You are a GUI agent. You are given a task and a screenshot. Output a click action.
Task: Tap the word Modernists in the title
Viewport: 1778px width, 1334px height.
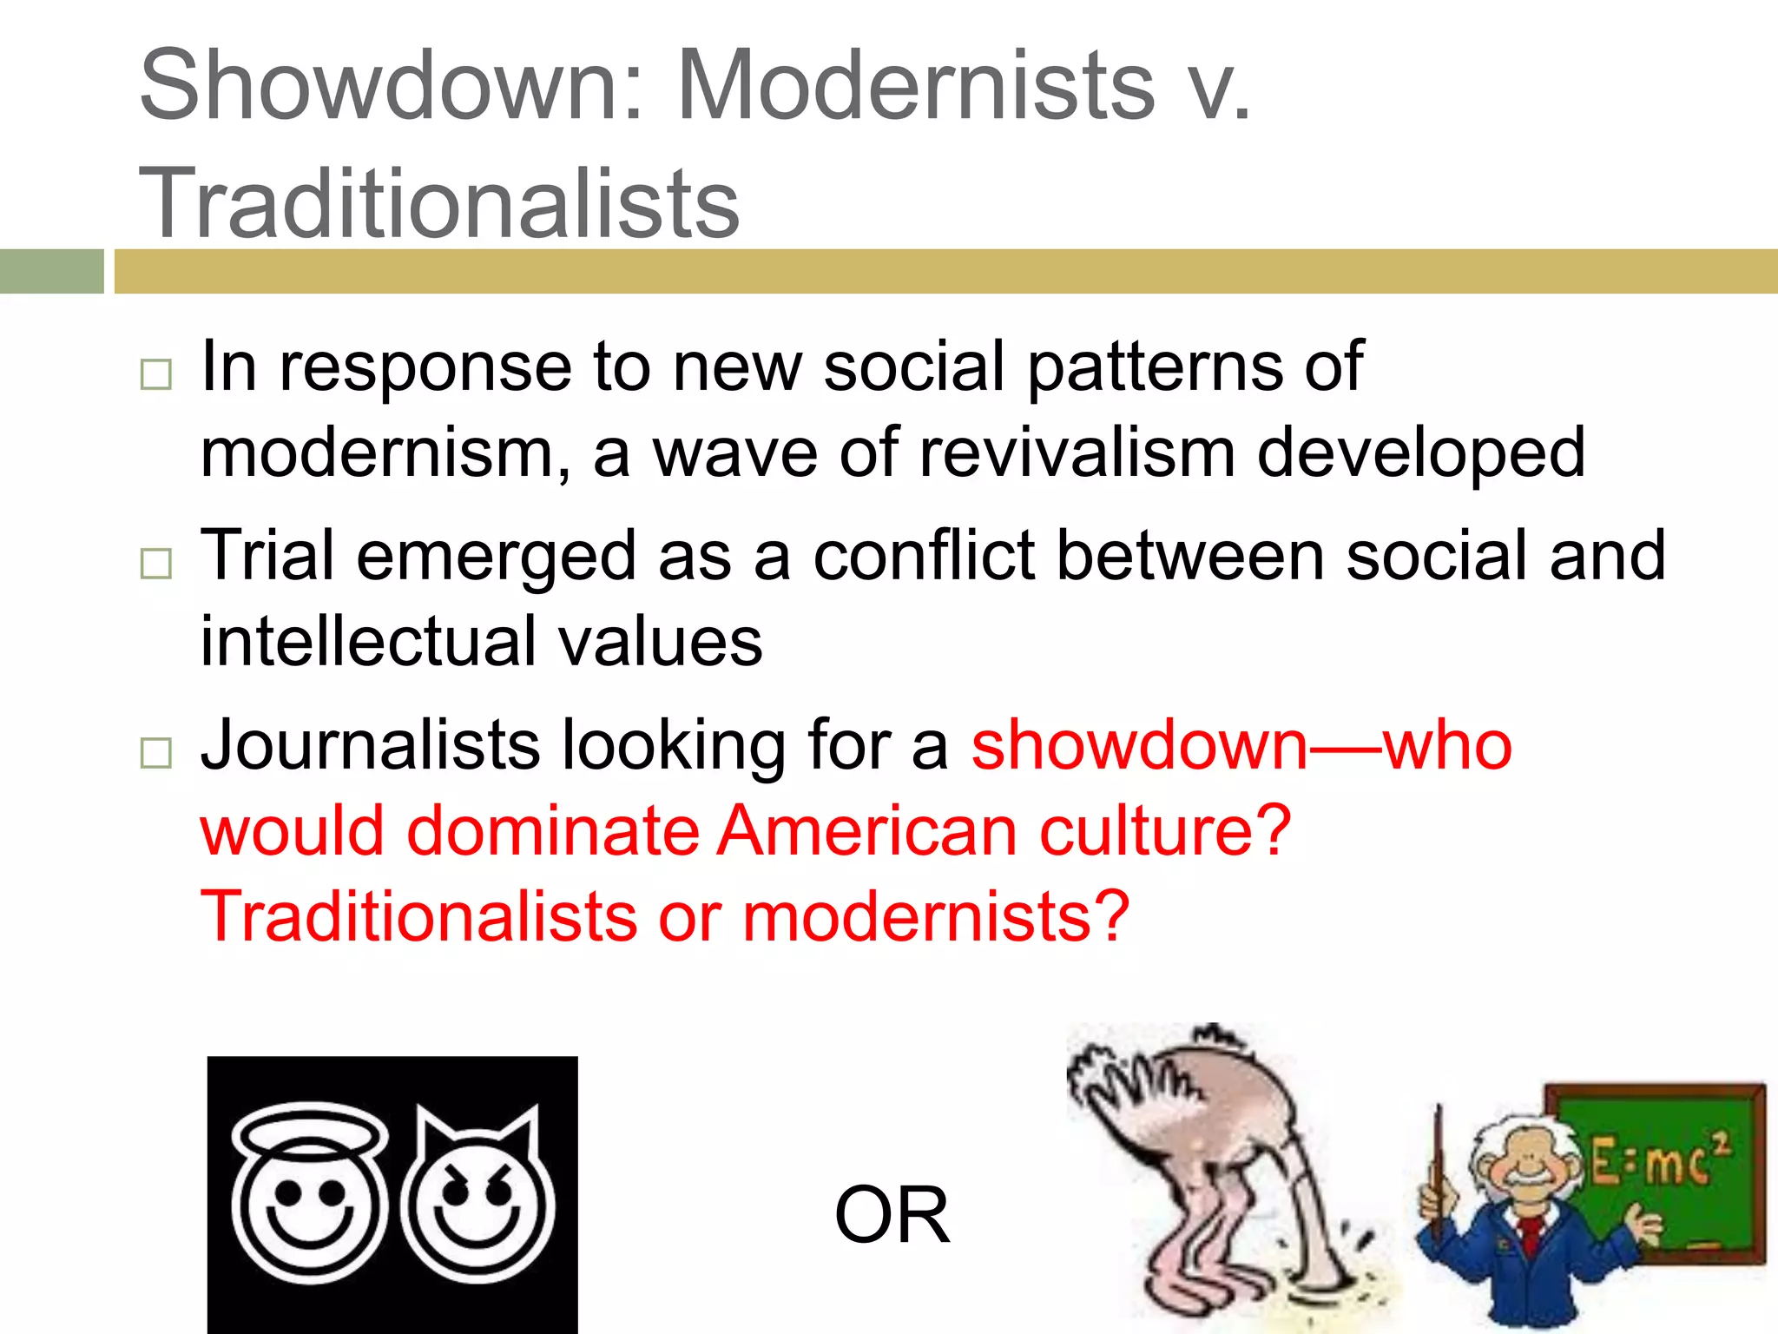point(916,85)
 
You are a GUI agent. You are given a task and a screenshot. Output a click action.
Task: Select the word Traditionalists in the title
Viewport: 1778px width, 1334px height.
point(438,203)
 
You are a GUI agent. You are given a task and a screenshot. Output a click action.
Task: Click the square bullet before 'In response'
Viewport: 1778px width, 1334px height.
point(156,374)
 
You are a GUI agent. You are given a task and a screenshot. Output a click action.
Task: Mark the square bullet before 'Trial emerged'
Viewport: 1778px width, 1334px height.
point(156,564)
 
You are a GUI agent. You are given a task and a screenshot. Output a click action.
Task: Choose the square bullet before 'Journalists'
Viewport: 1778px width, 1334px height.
point(156,753)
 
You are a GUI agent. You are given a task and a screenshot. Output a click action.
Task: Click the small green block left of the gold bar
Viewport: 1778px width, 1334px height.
point(51,271)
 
